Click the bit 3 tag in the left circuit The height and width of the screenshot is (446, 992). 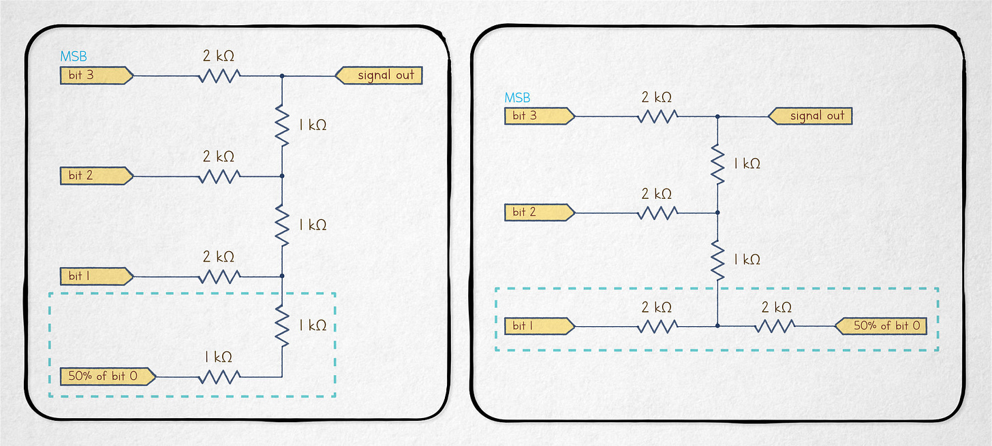(95, 75)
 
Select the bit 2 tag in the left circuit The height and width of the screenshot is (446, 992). (95, 176)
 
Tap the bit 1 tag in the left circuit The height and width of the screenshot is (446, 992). (95, 276)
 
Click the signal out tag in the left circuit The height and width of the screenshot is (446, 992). (380, 75)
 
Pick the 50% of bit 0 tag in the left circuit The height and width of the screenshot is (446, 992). (108, 377)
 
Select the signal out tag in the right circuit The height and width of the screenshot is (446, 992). (811, 116)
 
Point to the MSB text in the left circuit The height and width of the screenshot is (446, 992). (73, 57)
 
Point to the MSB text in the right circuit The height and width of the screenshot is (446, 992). (517, 99)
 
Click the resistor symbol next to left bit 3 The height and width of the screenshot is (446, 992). (219, 76)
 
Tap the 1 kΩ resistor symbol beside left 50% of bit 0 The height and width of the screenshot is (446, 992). (219, 377)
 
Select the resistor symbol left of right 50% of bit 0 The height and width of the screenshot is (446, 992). (775, 326)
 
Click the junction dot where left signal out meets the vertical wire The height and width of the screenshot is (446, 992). (282, 76)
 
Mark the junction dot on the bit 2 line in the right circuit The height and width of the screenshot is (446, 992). (718, 212)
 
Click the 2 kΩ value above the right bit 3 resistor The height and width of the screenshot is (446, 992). (657, 97)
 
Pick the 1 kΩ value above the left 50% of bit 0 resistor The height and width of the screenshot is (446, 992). (218, 357)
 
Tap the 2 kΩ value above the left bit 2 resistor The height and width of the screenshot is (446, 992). (218, 157)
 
